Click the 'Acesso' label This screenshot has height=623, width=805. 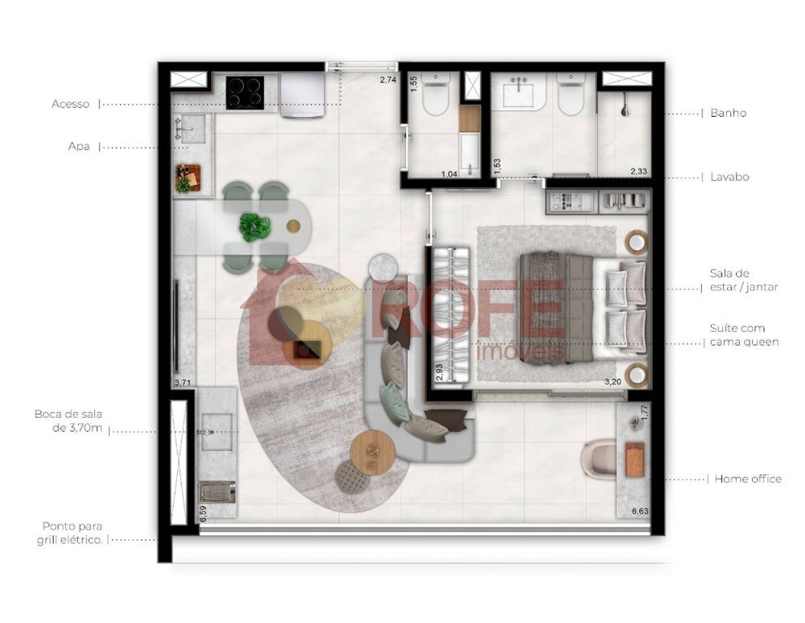[70, 104]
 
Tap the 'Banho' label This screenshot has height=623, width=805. [728, 113]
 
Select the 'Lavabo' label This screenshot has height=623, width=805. [730, 177]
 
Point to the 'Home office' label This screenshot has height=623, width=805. [748, 479]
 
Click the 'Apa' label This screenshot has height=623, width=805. [79, 147]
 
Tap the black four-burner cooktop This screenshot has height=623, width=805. [245, 93]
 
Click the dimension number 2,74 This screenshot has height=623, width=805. [388, 80]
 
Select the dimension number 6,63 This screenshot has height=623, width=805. [640, 511]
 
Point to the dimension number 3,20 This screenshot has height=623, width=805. [613, 382]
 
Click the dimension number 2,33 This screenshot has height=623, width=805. [639, 171]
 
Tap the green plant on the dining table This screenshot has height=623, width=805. [255, 227]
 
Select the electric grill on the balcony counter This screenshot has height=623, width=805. [217, 492]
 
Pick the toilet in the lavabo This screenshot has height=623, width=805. [436, 94]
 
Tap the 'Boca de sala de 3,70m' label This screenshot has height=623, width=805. [69, 421]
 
